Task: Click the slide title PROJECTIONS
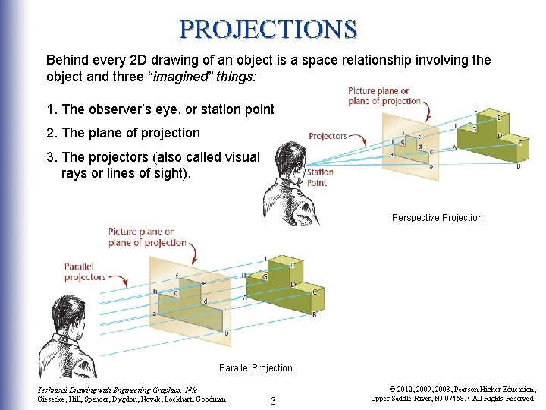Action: point(268,29)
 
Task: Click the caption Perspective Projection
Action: point(437,218)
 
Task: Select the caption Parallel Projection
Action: point(256,368)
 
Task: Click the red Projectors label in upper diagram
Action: point(328,137)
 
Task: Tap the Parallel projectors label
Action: point(85,272)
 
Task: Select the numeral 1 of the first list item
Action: point(50,109)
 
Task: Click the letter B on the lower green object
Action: point(314,314)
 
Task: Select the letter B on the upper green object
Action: point(518,166)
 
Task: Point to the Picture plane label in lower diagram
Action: point(147,237)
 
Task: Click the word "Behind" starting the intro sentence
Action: point(67,59)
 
